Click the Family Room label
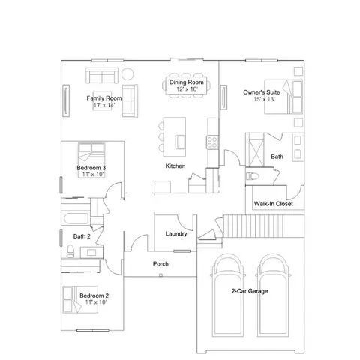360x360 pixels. click(x=104, y=98)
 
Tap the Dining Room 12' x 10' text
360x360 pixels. click(x=187, y=85)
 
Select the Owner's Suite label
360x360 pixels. click(x=262, y=92)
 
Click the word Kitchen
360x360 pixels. click(x=175, y=166)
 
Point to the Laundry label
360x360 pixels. click(x=176, y=234)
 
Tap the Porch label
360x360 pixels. click(x=160, y=263)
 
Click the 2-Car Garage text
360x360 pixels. click(x=250, y=291)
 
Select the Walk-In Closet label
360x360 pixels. click(x=274, y=204)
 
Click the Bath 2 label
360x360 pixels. click(x=82, y=236)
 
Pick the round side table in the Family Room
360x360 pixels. click(x=127, y=73)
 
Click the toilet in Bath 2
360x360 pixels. click(x=70, y=251)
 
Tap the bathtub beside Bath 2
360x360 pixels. click(x=76, y=218)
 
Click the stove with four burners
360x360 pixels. click(x=212, y=142)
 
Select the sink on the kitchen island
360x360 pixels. click(x=180, y=142)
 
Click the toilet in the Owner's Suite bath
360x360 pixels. click(x=252, y=176)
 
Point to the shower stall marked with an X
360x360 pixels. click(x=256, y=150)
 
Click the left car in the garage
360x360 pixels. click(x=228, y=295)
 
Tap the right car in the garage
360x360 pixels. click(x=273, y=295)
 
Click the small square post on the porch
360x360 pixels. click(x=160, y=275)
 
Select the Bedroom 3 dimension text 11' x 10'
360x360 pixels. click(x=93, y=174)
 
